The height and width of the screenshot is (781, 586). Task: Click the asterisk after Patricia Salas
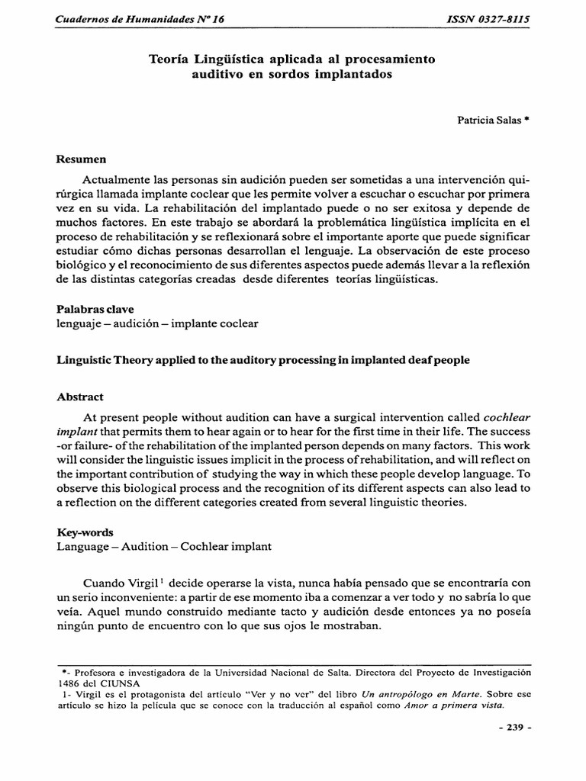click(526, 118)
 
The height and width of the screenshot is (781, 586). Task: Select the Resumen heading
click(82, 159)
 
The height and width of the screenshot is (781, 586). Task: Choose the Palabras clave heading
click(95, 309)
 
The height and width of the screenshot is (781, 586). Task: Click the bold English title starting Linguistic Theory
click(263, 360)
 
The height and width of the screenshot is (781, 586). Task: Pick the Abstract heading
click(80, 397)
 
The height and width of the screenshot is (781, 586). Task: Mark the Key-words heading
click(85, 532)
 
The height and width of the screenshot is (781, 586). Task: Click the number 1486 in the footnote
click(72, 684)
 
